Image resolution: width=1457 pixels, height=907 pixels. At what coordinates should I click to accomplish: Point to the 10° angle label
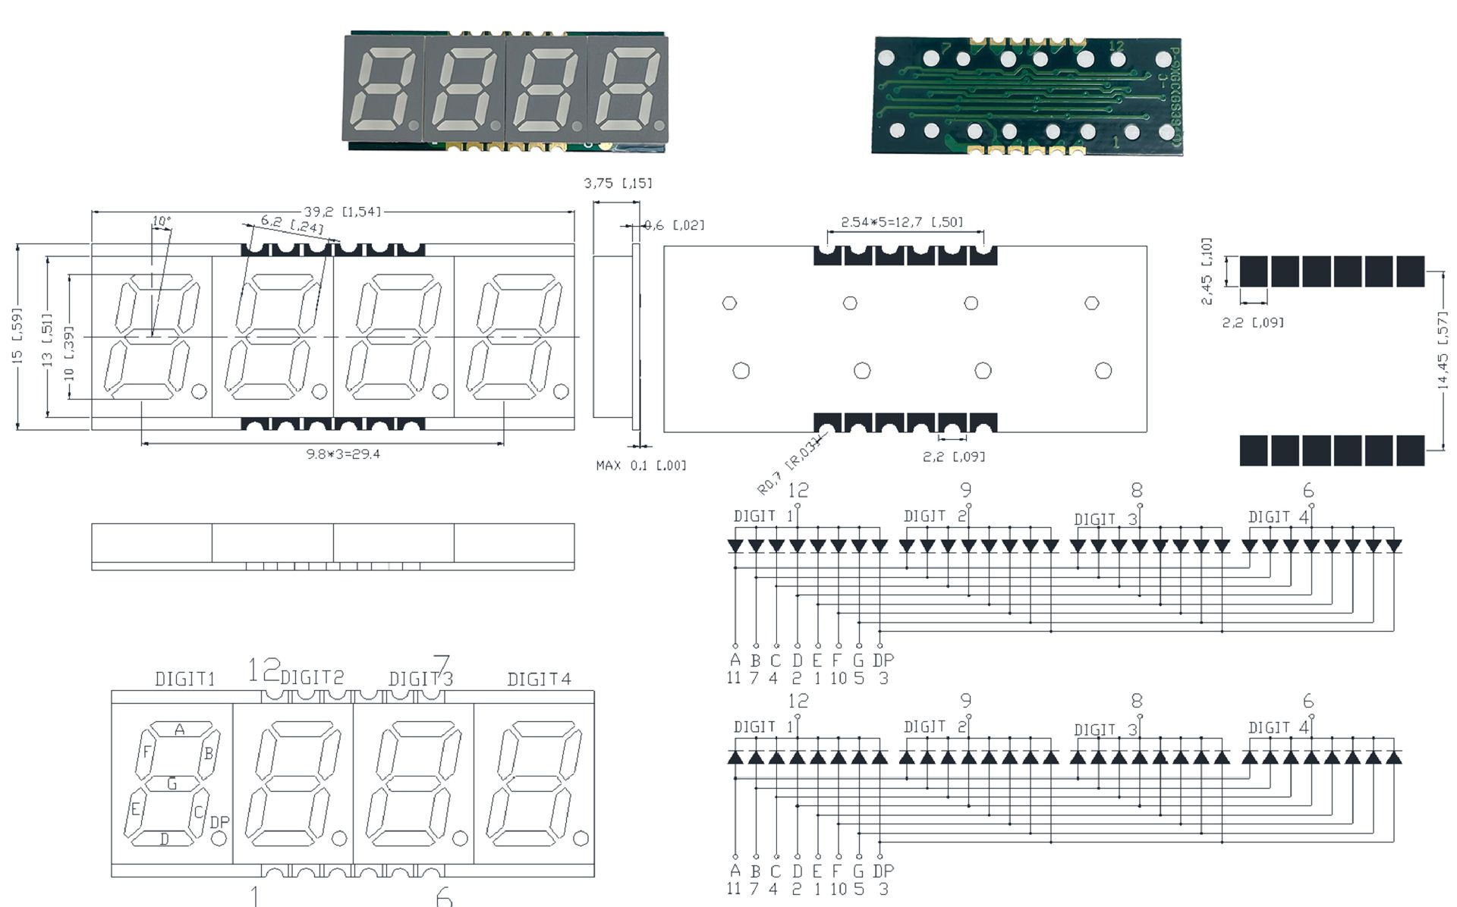(161, 221)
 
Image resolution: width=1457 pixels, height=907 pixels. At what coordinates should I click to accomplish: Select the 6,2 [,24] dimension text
(292, 224)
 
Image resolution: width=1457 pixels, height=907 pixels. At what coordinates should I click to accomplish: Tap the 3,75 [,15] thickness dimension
(618, 183)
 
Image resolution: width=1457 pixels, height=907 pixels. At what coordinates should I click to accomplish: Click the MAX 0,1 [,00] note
(640, 465)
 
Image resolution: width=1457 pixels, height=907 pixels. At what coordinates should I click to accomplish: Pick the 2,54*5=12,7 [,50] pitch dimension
(902, 221)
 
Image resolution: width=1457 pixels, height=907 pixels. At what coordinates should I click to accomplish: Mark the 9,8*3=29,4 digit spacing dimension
(342, 454)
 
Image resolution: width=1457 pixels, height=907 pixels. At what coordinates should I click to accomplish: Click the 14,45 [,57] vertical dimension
(1443, 350)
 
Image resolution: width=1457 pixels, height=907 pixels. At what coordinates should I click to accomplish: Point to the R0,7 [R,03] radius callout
(789, 465)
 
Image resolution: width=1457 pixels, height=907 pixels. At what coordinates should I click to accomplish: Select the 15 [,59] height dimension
(18, 335)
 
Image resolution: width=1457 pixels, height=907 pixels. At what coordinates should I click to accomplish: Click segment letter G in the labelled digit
(172, 784)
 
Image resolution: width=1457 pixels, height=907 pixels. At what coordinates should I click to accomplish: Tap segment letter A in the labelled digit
(180, 730)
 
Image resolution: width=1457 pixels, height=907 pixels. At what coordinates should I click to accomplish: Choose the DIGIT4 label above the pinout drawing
(539, 679)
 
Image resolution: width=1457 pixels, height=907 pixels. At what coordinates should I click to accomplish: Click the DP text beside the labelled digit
(219, 822)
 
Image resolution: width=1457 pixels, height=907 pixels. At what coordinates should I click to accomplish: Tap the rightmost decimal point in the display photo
(659, 125)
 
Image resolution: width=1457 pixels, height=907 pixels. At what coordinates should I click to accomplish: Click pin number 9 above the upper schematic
(965, 490)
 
